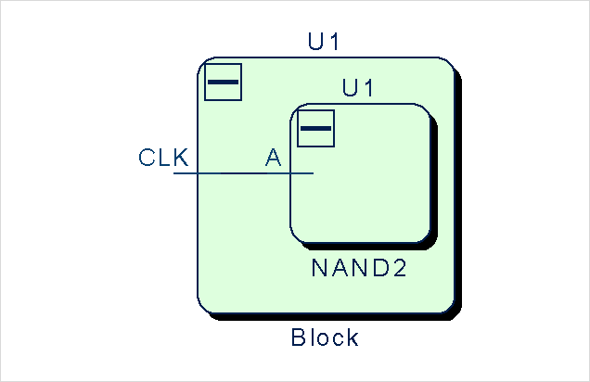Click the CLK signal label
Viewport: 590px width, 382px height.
coord(163,157)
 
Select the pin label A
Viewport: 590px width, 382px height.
coord(274,158)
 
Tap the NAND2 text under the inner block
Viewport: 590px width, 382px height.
coord(360,269)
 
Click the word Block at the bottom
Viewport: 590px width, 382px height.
coord(325,337)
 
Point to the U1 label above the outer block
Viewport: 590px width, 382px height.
coord(327,42)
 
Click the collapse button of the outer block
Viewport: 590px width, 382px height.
coord(223,83)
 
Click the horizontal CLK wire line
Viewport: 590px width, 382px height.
coord(232,173)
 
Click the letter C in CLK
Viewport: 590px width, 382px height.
coord(147,157)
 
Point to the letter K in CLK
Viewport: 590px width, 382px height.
coord(181,157)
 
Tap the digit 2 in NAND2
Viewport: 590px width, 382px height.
coord(400,269)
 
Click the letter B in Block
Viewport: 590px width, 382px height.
coord(299,337)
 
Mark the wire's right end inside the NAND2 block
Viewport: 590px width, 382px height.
coord(313,173)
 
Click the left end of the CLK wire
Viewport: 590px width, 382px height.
coord(174,173)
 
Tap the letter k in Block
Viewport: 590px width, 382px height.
coord(352,337)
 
